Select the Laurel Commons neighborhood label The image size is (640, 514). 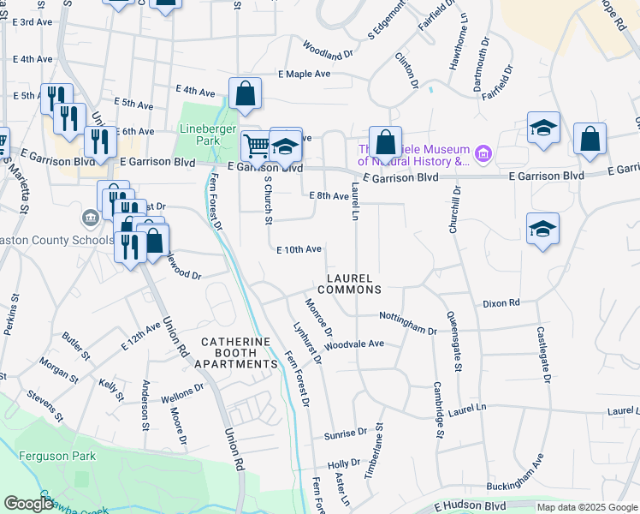click(x=352, y=284)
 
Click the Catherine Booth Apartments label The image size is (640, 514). click(x=240, y=353)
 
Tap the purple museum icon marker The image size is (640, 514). click(x=483, y=155)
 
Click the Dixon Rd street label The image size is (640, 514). click(x=501, y=303)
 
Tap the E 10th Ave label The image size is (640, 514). click(x=299, y=249)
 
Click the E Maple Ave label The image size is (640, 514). click(x=304, y=75)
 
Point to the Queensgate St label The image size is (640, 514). click(x=454, y=341)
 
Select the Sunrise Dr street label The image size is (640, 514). click(x=345, y=435)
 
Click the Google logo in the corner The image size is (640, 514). click(x=28, y=504)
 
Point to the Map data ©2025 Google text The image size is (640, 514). click(x=586, y=507)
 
